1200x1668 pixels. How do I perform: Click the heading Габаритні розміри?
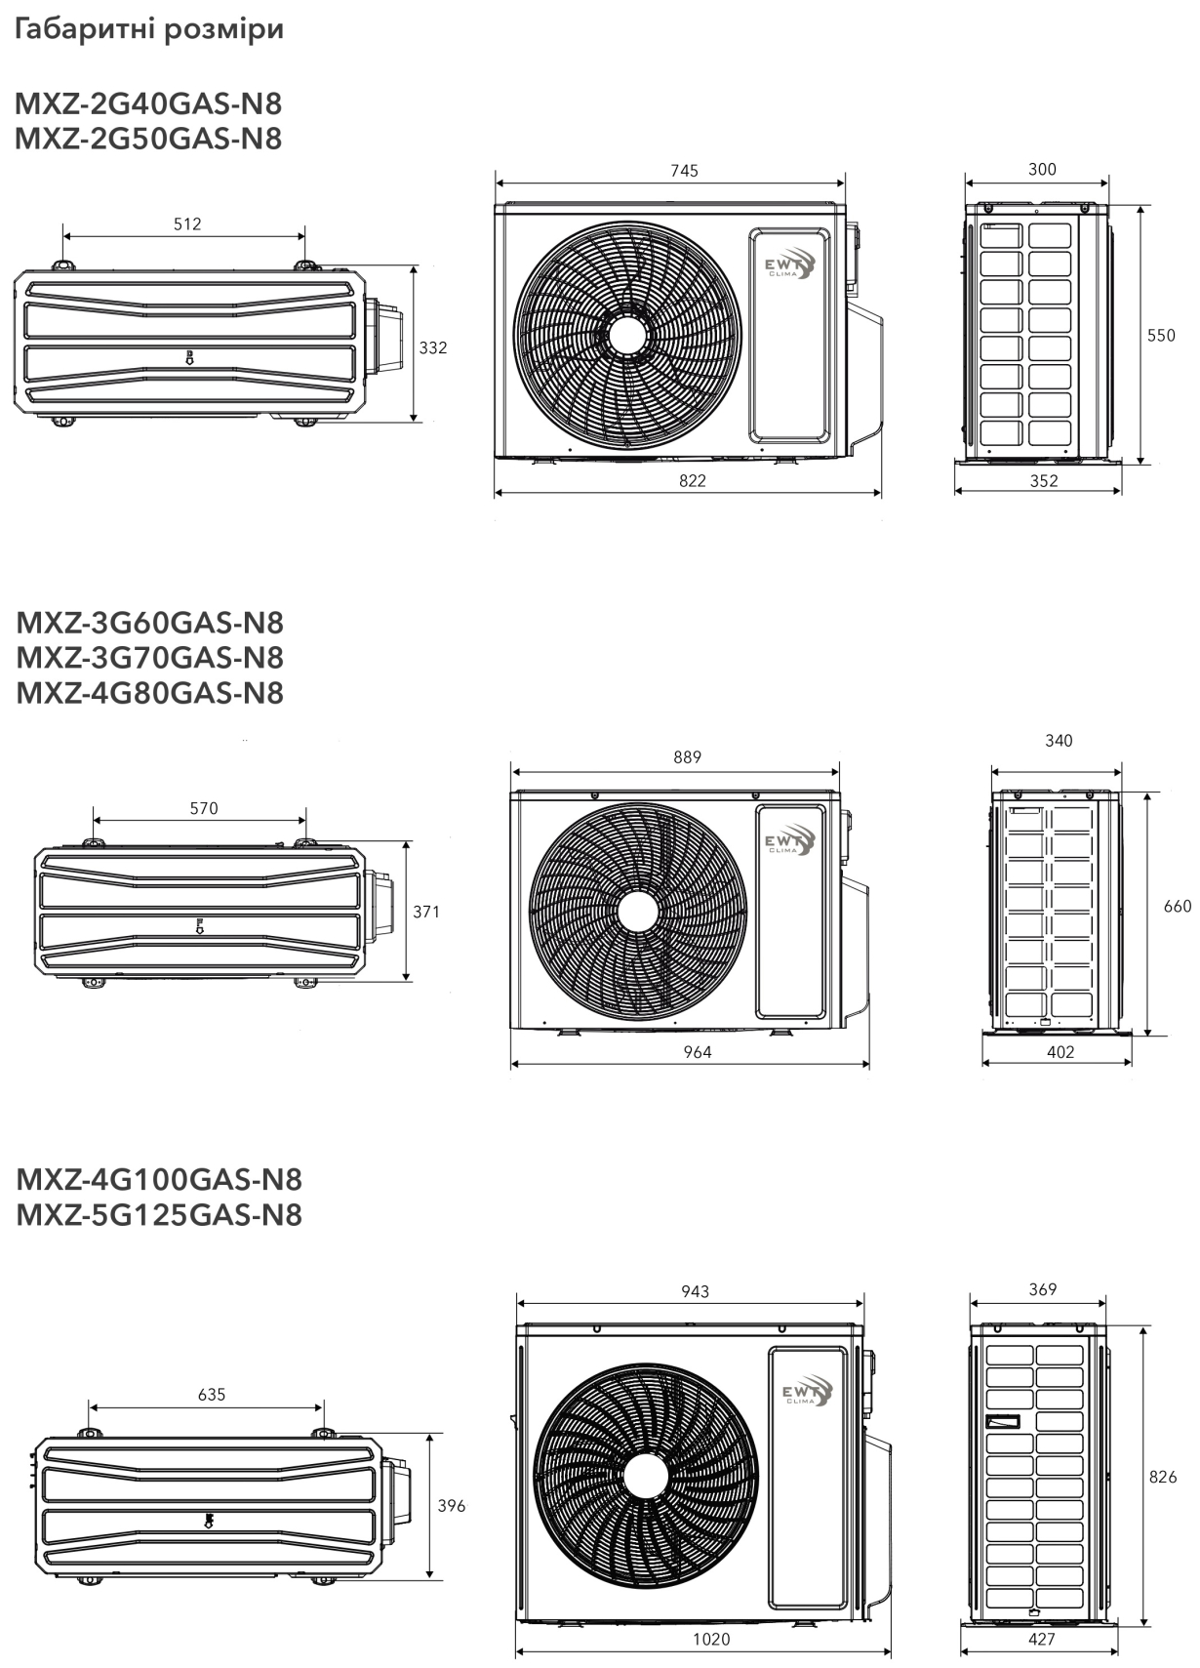[149, 30]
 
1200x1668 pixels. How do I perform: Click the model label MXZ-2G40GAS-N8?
[149, 104]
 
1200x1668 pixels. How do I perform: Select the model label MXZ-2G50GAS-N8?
[149, 140]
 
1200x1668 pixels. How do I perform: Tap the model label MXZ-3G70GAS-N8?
[149, 658]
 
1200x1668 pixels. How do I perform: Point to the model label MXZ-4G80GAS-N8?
[149, 693]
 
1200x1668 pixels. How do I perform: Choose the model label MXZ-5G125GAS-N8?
[159, 1214]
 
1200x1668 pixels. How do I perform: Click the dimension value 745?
[684, 171]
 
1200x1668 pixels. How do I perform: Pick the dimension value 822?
[693, 481]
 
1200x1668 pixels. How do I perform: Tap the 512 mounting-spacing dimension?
[187, 224]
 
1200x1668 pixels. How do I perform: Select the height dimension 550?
[1161, 336]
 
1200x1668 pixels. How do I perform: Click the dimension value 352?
[1044, 481]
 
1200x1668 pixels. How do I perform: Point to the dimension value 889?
[687, 757]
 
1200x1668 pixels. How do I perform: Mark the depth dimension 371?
[426, 913]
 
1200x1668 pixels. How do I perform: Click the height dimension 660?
[1178, 907]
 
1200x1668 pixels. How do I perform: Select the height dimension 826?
[1163, 1477]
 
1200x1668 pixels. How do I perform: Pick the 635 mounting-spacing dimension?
[212, 1395]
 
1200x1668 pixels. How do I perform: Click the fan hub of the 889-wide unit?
[638, 911]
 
